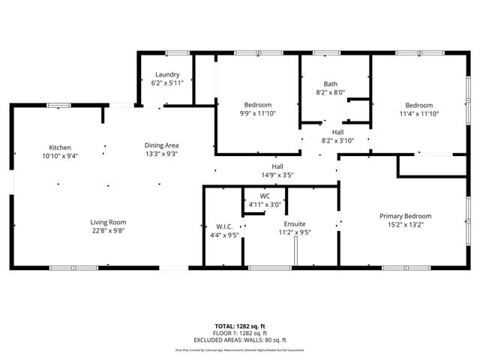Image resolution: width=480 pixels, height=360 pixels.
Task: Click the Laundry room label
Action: pos(166,74)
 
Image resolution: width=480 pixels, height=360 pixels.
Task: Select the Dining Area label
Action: pos(161,145)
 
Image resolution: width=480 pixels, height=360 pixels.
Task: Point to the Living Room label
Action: pos(108,222)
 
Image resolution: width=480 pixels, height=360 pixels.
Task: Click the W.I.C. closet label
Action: pos(222,226)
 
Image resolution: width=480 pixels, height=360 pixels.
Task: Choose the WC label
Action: pos(265,196)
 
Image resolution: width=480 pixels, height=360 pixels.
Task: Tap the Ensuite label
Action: pos(294,223)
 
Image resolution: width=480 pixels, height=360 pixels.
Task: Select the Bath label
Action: pos(331,83)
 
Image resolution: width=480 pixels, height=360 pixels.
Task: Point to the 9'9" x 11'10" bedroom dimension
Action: pos(257,113)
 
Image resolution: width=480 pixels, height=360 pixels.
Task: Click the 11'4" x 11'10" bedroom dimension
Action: pos(419,113)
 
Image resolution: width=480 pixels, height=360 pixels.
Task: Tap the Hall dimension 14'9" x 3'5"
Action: pos(277,175)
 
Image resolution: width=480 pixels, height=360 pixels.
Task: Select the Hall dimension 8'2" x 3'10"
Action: pos(337,139)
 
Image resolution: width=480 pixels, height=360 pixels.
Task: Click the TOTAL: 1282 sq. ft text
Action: pos(240,326)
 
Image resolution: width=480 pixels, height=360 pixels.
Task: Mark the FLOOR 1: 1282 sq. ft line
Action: pos(240,333)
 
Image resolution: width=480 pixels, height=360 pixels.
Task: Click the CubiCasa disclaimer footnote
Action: pos(240,349)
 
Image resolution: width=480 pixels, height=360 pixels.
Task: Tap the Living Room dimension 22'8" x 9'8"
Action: pos(108,231)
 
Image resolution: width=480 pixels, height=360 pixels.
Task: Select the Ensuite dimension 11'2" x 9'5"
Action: pos(294,232)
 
